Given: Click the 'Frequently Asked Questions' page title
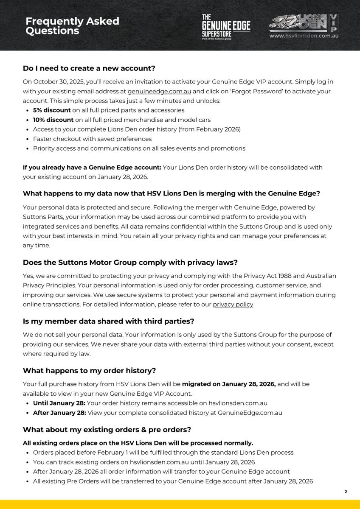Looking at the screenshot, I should coord(72,26).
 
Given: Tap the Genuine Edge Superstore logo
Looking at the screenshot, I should coord(226,26).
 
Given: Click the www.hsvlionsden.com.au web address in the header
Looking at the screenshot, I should coord(304,36).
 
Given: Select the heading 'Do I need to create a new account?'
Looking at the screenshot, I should coord(89,68).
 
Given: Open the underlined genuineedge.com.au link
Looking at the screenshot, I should coord(159,91).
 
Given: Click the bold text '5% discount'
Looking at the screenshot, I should coord(52,110).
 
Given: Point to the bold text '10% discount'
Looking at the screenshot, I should coord(53,120).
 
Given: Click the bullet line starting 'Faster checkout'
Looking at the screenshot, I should coord(92,139).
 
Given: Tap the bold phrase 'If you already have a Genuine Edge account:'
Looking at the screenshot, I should coord(92,167).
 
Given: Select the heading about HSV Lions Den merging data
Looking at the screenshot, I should coord(171,193).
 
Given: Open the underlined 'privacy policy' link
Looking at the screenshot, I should coord(233,305).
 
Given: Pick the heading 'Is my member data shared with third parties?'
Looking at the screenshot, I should coord(108,321).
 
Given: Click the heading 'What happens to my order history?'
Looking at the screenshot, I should coord(90,371).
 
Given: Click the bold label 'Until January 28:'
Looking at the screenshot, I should coord(59,403).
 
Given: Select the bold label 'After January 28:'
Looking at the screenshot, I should coord(59,413).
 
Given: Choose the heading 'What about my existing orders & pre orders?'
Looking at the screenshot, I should coord(107,429).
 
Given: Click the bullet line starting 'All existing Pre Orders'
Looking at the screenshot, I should coord(173,481).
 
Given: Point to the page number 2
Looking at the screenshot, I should coord(345,492).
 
